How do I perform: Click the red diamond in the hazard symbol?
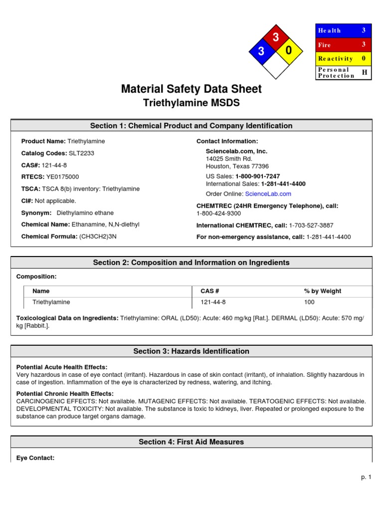point(274,37)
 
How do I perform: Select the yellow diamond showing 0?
point(288,51)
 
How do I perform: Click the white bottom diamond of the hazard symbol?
point(275,64)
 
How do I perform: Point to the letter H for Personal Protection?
point(364,72)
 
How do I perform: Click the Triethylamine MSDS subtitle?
point(191,103)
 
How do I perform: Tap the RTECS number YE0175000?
point(62,177)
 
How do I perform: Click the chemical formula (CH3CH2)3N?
point(98,237)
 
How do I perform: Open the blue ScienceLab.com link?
point(268,194)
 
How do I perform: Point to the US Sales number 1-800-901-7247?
point(257,177)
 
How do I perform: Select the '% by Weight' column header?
point(323,291)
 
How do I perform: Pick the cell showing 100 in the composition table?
point(310,302)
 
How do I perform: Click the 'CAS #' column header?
point(210,291)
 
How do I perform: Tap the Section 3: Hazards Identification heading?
point(191,351)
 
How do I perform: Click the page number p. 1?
point(367,478)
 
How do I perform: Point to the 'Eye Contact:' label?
point(35,458)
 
